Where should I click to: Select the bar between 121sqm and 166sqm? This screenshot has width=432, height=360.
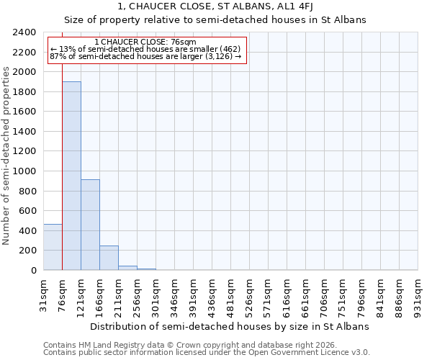[90, 225]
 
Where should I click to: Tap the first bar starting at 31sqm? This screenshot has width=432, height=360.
[53, 247]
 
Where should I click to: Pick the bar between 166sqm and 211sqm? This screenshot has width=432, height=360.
[109, 258]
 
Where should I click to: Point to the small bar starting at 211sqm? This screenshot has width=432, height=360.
[127, 268]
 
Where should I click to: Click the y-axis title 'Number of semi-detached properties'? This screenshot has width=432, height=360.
[6, 156]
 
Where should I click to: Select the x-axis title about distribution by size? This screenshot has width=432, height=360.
[230, 326]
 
